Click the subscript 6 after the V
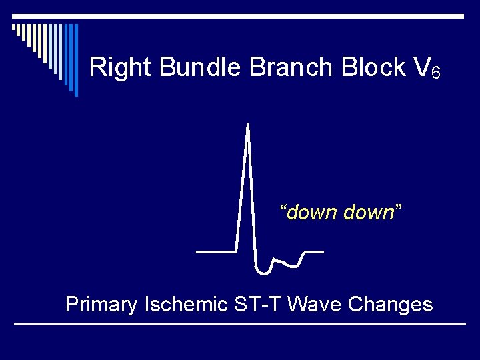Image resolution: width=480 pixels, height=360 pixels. [x=435, y=72]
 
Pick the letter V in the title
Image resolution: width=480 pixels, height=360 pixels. [x=421, y=67]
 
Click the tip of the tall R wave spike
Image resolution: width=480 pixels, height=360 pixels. [x=248, y=125]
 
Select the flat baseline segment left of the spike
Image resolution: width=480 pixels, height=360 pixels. [x=216, y=252]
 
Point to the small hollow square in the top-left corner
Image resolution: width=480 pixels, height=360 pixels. [x=13, y=27]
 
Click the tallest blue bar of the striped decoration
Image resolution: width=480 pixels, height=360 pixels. [x=75, y=60]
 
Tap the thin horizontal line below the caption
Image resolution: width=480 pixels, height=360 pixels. [x=240, y=324]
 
